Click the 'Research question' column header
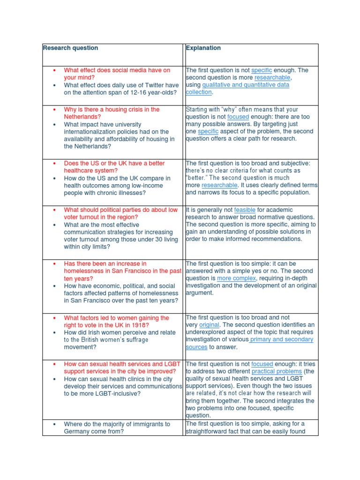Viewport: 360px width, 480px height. [70, 48]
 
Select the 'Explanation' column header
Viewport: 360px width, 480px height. [203, 48]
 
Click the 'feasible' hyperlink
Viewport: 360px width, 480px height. [245, 210]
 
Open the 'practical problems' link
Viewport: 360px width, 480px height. [270, 371]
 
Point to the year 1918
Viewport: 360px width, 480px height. [142, 325]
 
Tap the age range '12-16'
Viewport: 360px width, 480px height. [131, 93]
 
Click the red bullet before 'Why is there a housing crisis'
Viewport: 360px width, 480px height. [55, 109]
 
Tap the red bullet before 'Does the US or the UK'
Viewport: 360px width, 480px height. [55, 163]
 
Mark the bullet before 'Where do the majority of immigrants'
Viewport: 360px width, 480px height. [55, 424]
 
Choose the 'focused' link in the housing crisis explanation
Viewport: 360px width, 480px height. [238, 117]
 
